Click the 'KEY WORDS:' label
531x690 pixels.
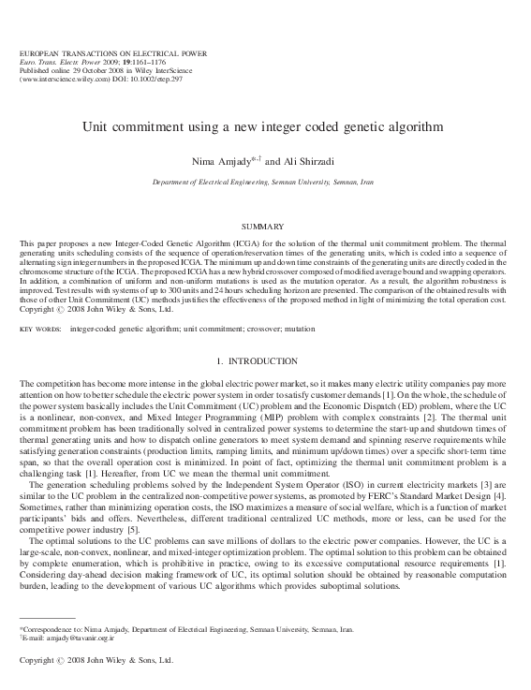41,330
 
